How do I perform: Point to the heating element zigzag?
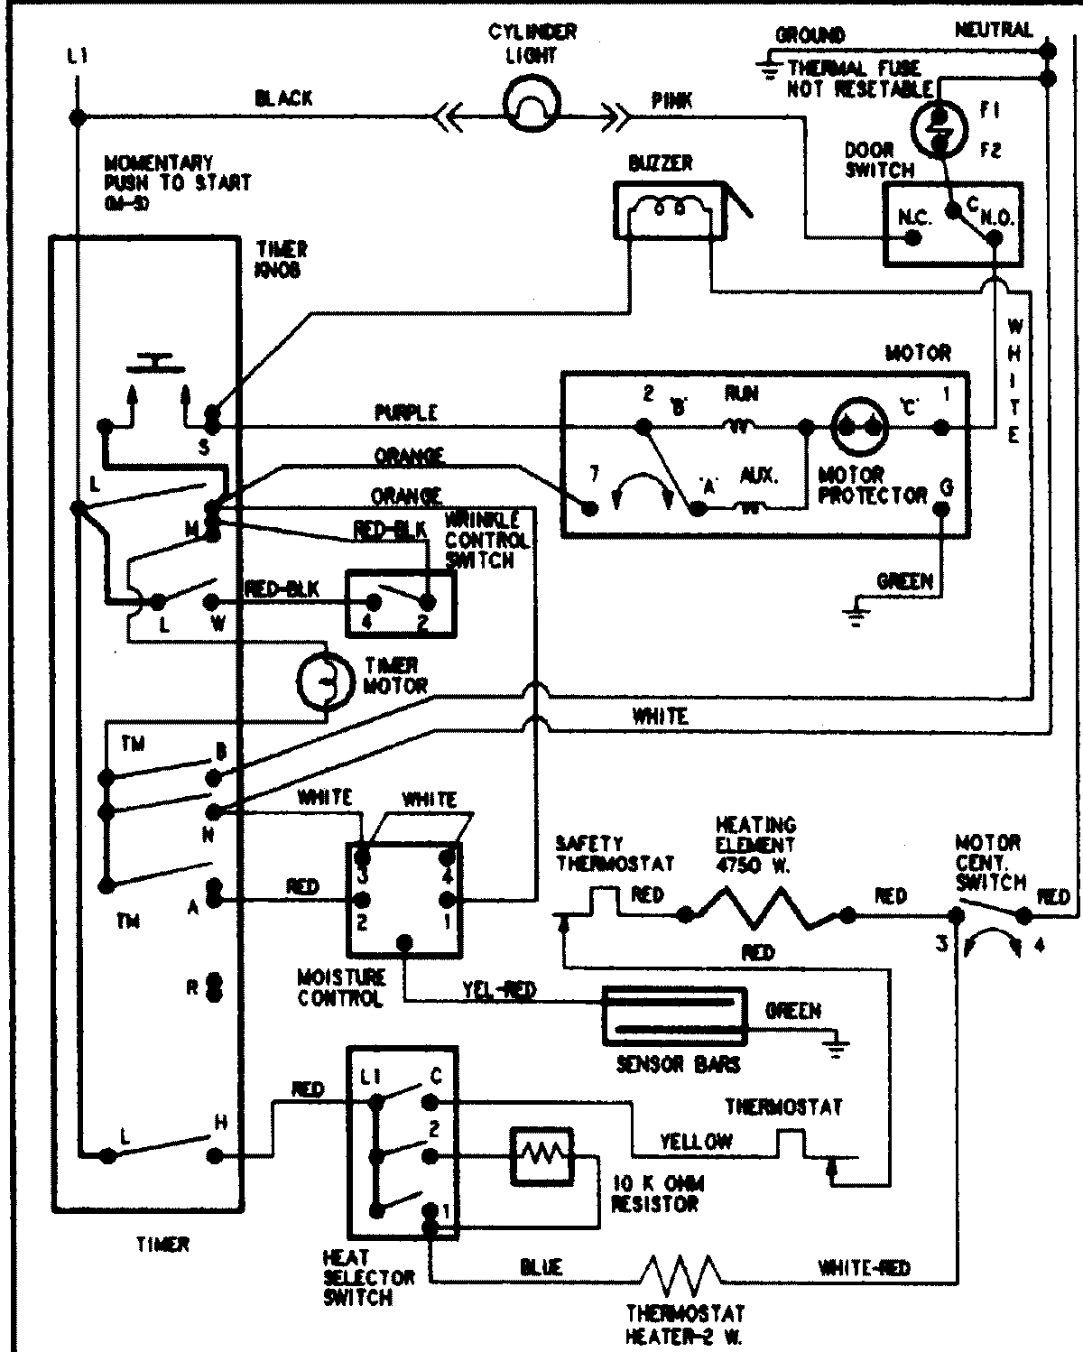pos(766,913)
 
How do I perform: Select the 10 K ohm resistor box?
pos(541,1155)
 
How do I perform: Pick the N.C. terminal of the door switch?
pos(912,238)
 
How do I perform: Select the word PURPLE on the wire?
pos(406,412)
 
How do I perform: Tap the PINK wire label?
pos(671,101)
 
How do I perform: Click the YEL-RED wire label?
pos(499,990)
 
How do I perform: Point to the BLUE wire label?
pos(541,1266)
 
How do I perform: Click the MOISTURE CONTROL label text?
pos(341,988)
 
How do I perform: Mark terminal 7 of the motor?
pos(589,509)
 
